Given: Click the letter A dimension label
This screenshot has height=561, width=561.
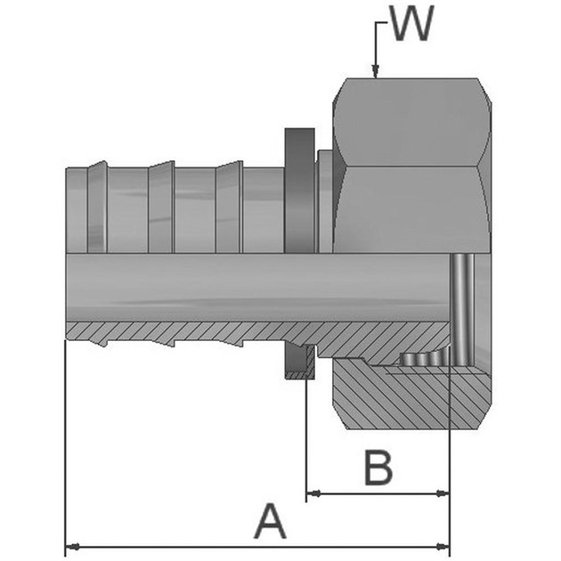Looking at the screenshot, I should [x=271, y=521].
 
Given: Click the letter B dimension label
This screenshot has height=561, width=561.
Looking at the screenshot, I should [x=378, y=467].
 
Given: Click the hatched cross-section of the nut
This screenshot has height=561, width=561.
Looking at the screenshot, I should [x=401, y=396].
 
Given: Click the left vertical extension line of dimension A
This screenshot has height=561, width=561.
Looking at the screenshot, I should [x=66, y=445].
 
